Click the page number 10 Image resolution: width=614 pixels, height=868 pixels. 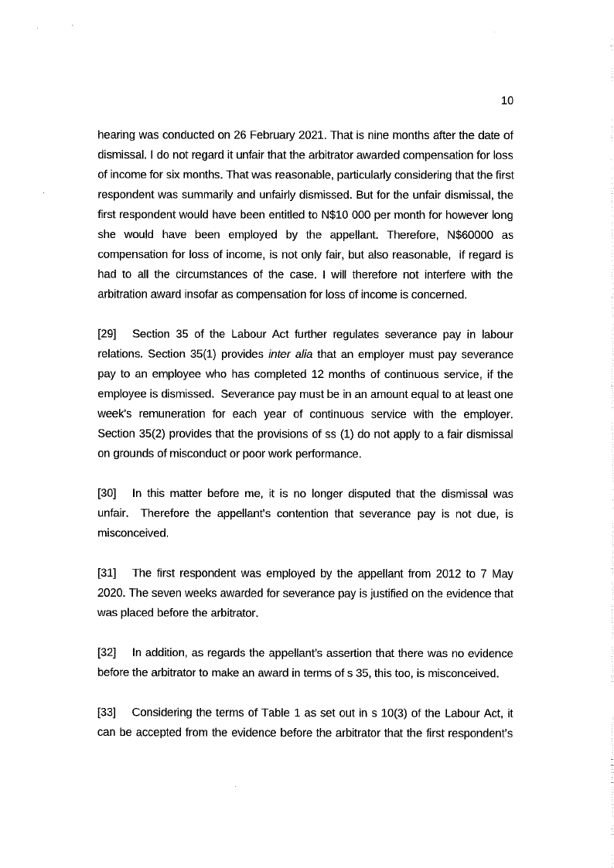point(507,100)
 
